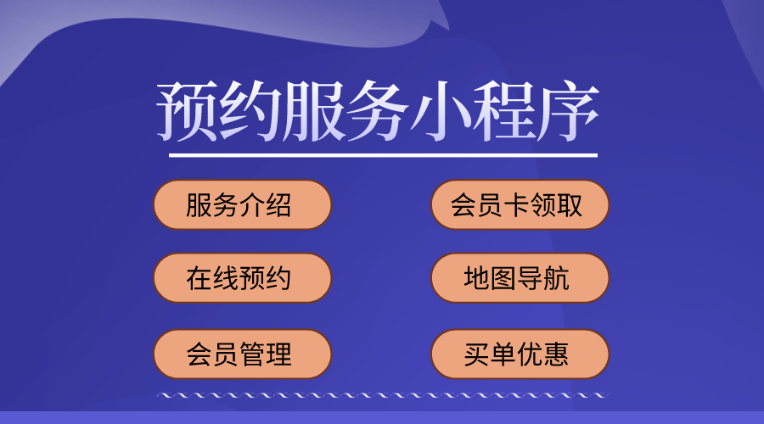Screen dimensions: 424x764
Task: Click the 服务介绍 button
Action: [x=242, y=205]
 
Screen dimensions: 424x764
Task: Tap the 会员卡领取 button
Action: [x=520, y=205]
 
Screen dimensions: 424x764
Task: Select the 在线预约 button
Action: [x=242, y=278]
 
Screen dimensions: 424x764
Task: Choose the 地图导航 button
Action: [x=520, y=278]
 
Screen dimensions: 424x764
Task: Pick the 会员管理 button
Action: [x=242, y=354]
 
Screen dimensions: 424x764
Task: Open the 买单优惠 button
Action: [x=520, y=354]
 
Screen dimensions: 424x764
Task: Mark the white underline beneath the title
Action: [x=383, y=155]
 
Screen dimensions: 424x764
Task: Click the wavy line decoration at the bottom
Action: [x=383, y=395]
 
